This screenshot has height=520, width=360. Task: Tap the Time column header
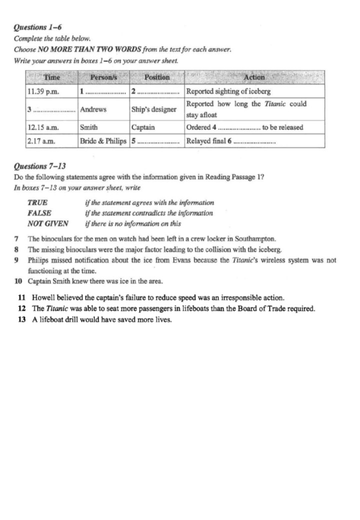point(52,77)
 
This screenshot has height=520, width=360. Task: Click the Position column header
point(156,77)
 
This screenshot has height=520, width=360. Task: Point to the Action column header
point(254,77)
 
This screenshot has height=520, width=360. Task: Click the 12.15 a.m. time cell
point(42,127)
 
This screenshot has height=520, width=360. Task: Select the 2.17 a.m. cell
point(40,141)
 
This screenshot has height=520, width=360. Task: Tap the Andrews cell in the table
point(93,109)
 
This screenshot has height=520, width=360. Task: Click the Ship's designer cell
point(154,109)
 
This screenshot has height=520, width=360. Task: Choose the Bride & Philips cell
point(103,141)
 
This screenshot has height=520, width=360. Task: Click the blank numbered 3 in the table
point(51,110)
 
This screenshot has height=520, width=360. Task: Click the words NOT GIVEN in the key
point(48,224)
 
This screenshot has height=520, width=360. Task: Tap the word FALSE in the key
point(39,213)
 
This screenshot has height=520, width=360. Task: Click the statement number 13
point(21,319)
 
